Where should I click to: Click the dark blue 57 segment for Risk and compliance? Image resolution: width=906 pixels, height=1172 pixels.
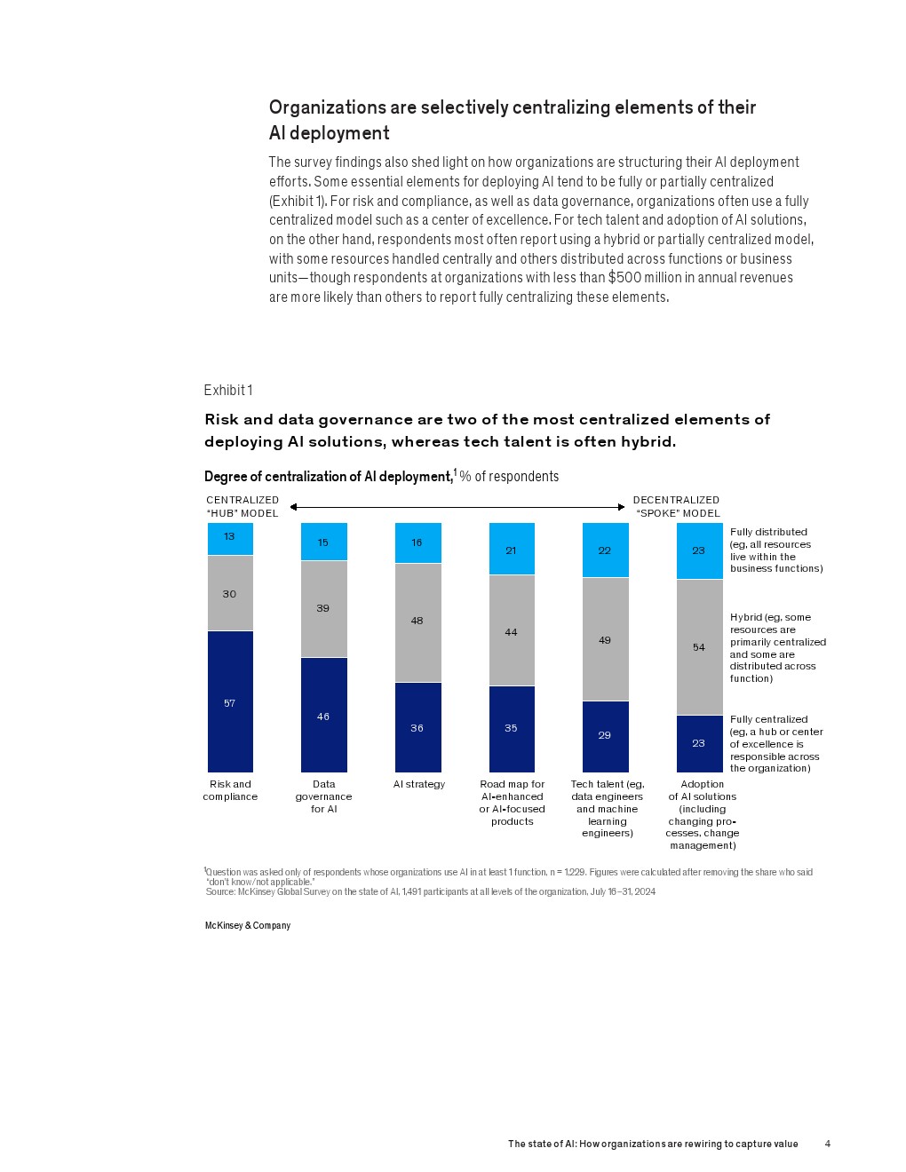point(230,701)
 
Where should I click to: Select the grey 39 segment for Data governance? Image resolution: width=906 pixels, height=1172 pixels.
point(323,608)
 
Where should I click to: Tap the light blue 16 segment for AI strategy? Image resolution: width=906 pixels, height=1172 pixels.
point(417,542)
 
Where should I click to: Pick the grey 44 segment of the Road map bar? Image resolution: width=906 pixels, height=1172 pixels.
point(512,630)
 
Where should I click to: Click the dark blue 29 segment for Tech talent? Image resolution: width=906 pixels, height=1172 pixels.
point(605,736)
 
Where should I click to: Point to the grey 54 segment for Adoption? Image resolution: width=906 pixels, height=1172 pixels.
point(699,647)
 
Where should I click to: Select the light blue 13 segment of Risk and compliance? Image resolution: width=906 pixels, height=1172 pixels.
point(230,538)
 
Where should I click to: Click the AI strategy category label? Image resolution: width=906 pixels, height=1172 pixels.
point(419,784)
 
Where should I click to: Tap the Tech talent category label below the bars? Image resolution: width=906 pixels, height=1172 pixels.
point(608,808)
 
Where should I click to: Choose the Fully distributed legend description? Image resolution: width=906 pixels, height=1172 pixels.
point(775,550)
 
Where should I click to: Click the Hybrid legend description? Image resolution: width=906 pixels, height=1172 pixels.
point(777,647)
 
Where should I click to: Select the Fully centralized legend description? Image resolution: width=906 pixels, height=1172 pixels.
point(775,744)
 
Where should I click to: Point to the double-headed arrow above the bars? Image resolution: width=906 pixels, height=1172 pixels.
point(457,507)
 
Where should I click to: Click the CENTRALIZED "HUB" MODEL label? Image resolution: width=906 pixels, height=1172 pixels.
point(242,506)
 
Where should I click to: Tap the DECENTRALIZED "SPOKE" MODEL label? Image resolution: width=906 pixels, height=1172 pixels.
point(676,506)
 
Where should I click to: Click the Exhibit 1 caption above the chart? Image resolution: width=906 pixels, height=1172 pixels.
point(228,390)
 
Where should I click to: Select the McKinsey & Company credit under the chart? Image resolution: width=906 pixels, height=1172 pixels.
point(248,925)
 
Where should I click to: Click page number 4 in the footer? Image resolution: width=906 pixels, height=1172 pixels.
point(828,1144)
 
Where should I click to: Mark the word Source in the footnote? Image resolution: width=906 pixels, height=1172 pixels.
point(220,891)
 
